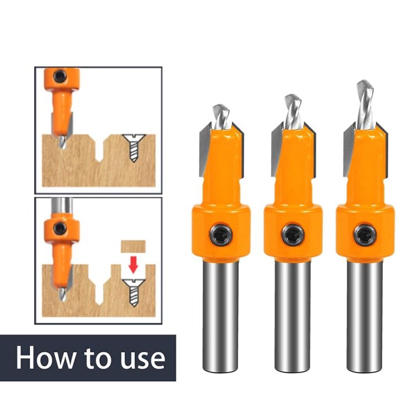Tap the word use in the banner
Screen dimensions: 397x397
click(x=141, y=358)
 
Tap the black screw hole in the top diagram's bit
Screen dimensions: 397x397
click(x=60, y=76)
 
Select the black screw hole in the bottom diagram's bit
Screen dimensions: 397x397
click(x=60, y=227)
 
